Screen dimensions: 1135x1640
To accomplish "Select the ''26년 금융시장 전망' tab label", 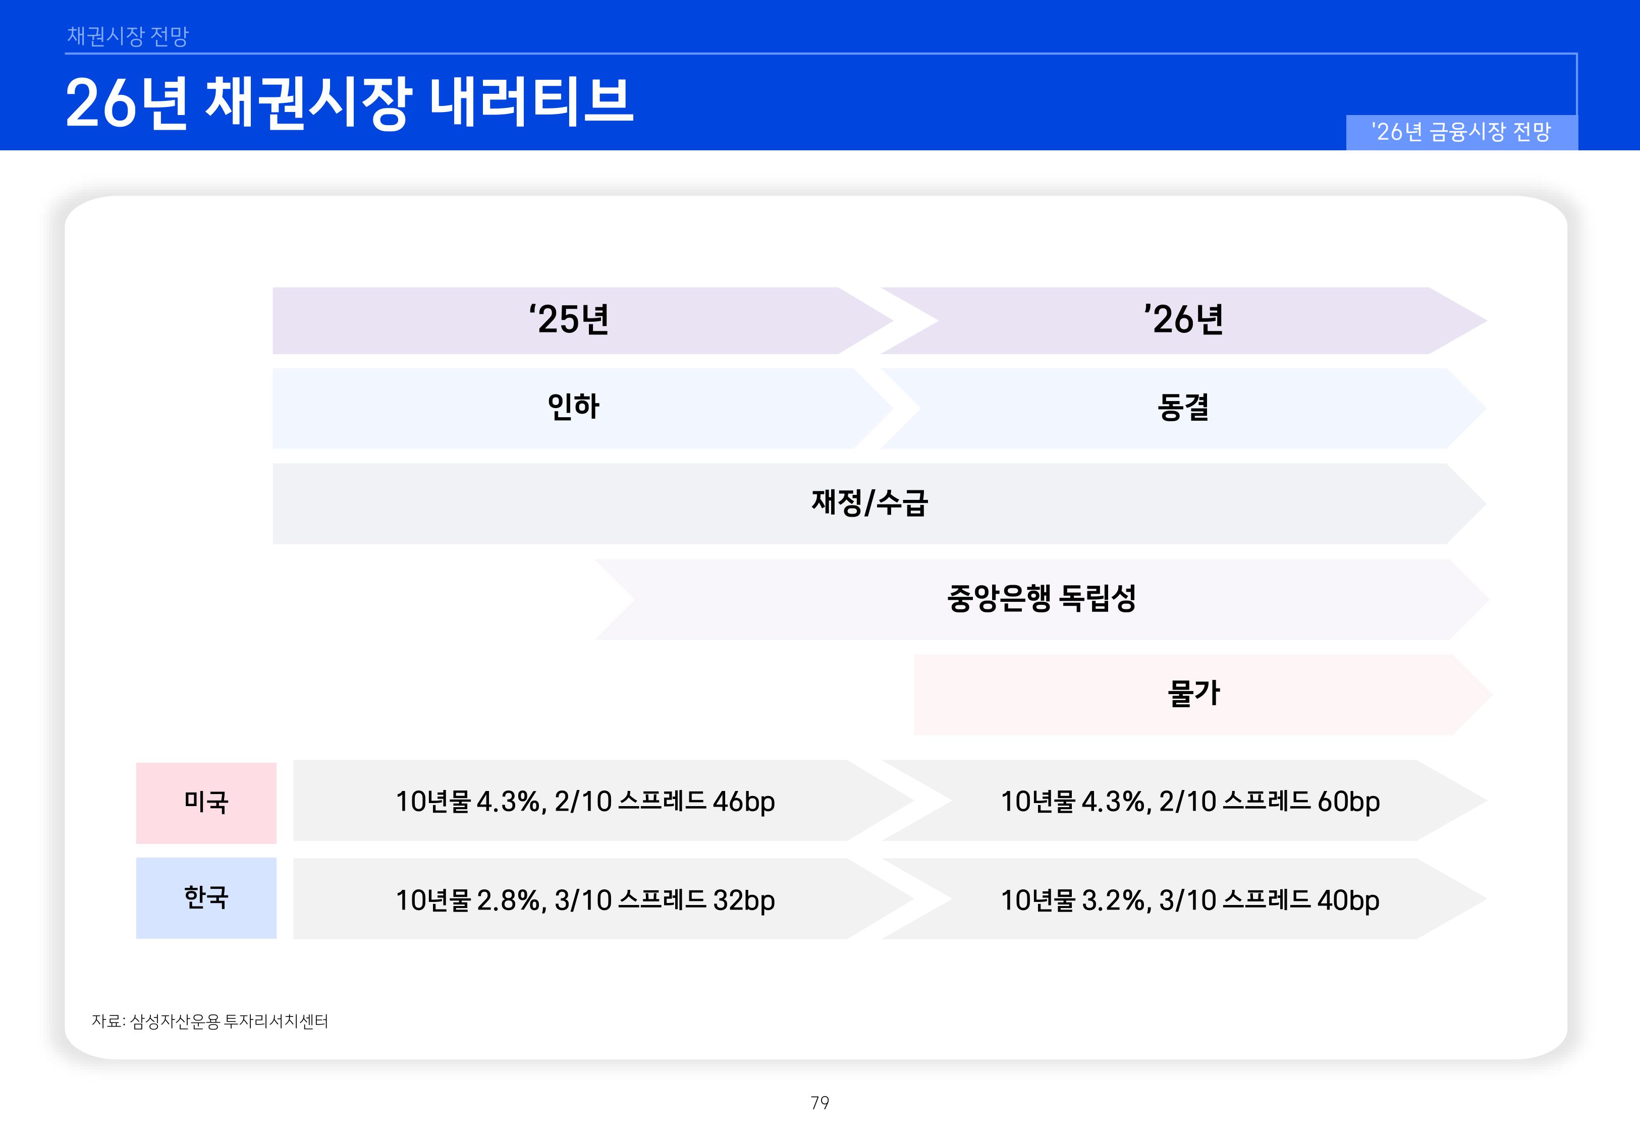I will point(1461,132).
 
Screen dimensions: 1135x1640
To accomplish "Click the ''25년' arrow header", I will point(569,320).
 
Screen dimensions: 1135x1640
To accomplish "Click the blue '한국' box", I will point(206,897).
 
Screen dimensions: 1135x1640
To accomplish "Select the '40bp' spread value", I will point(1348,901).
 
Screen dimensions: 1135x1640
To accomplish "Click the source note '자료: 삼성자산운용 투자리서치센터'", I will point(210,1021).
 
